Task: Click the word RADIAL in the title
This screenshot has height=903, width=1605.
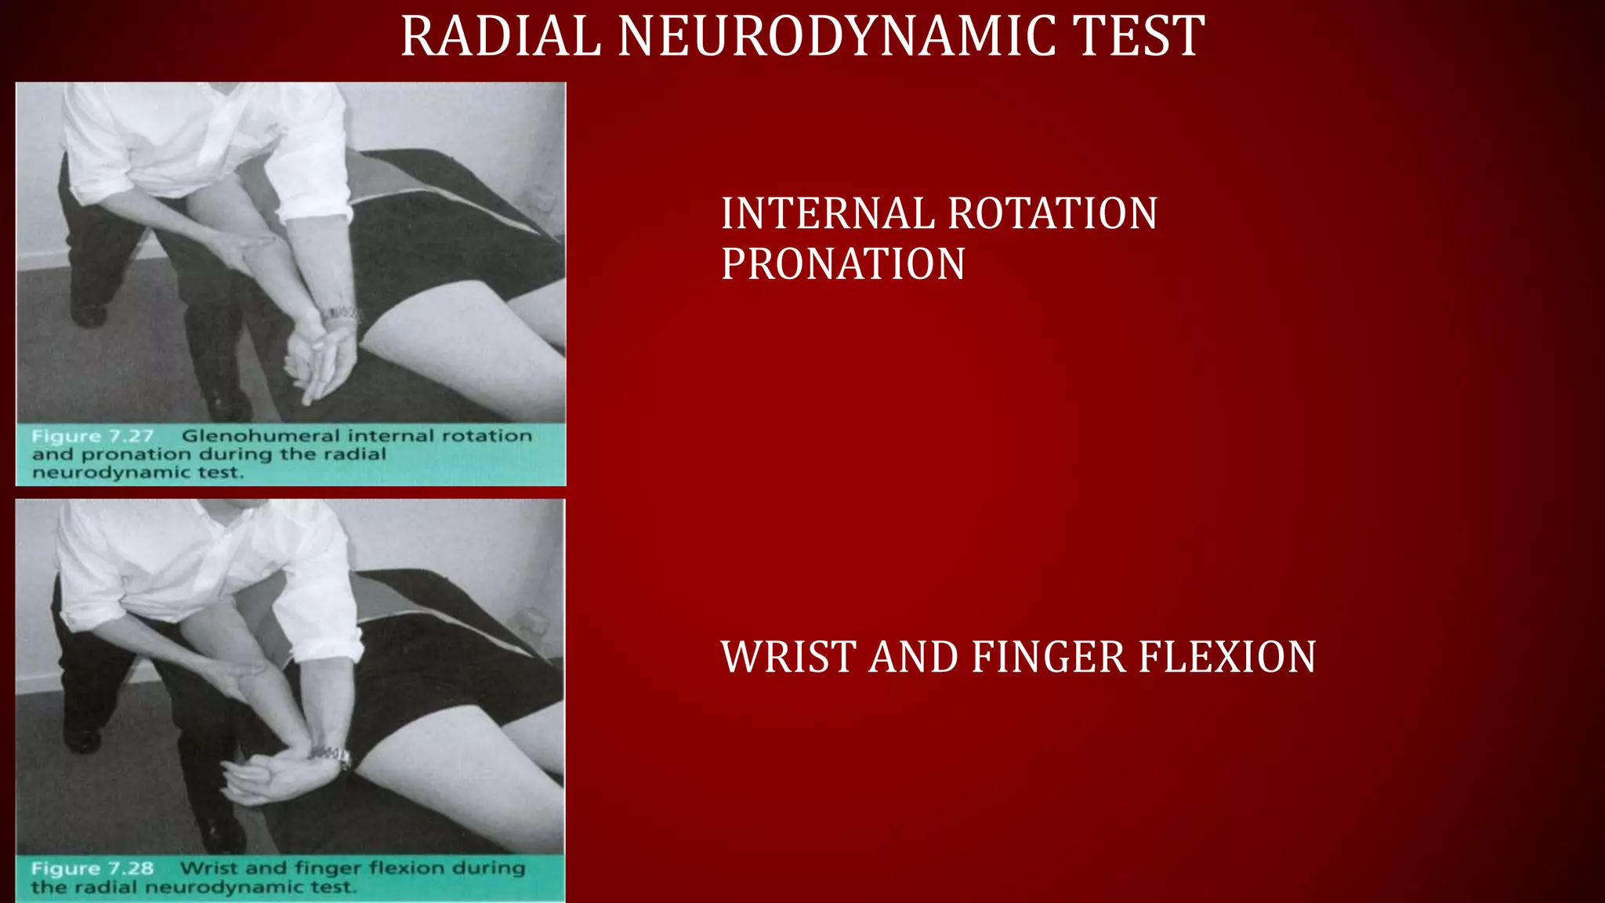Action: click(x=500, y=36)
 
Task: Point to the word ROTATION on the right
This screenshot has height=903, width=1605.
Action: click(x=1052, y=213)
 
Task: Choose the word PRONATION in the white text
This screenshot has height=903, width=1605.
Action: click(x=842, y=263)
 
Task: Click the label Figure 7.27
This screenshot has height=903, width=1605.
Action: click(x=92, y=436)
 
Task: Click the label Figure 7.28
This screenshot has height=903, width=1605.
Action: click(x=92, y=869)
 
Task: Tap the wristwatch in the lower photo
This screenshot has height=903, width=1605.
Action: click(x=332, y=755)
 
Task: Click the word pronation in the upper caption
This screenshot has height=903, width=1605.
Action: click(x=136, y=455)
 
